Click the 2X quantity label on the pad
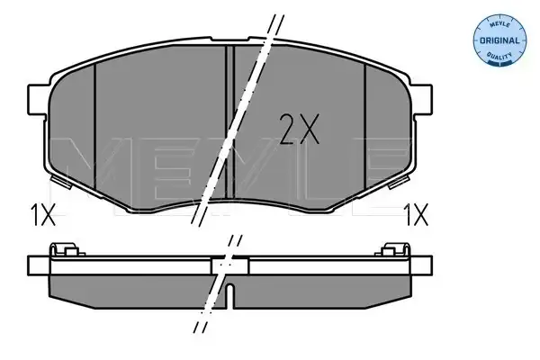click(x=299, y=129)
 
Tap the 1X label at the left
click(x=43, y=214)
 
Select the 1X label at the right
click(x=417, y=214)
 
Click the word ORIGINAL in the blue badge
click(x=499, y=40)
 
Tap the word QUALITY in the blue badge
click(x=499, y=56)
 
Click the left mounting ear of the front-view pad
click(x=38, y=100)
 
